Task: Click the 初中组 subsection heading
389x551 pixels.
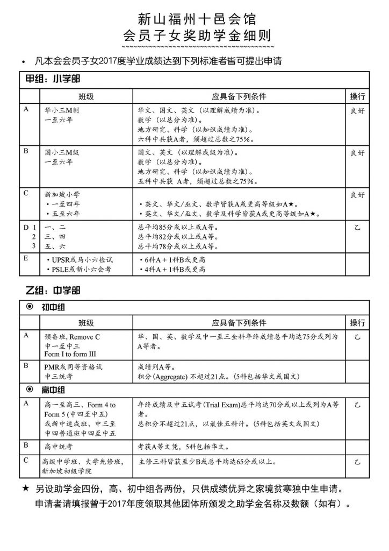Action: pos(56,308)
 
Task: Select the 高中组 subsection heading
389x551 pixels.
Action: pos(56,389)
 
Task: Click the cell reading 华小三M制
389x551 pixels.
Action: pos(64,109)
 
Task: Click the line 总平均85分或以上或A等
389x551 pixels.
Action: pos(178,227)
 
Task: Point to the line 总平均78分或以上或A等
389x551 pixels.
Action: pos(178,246)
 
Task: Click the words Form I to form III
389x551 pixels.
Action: pos(70,354)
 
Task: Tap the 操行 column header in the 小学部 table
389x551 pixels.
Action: pos(357,96)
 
